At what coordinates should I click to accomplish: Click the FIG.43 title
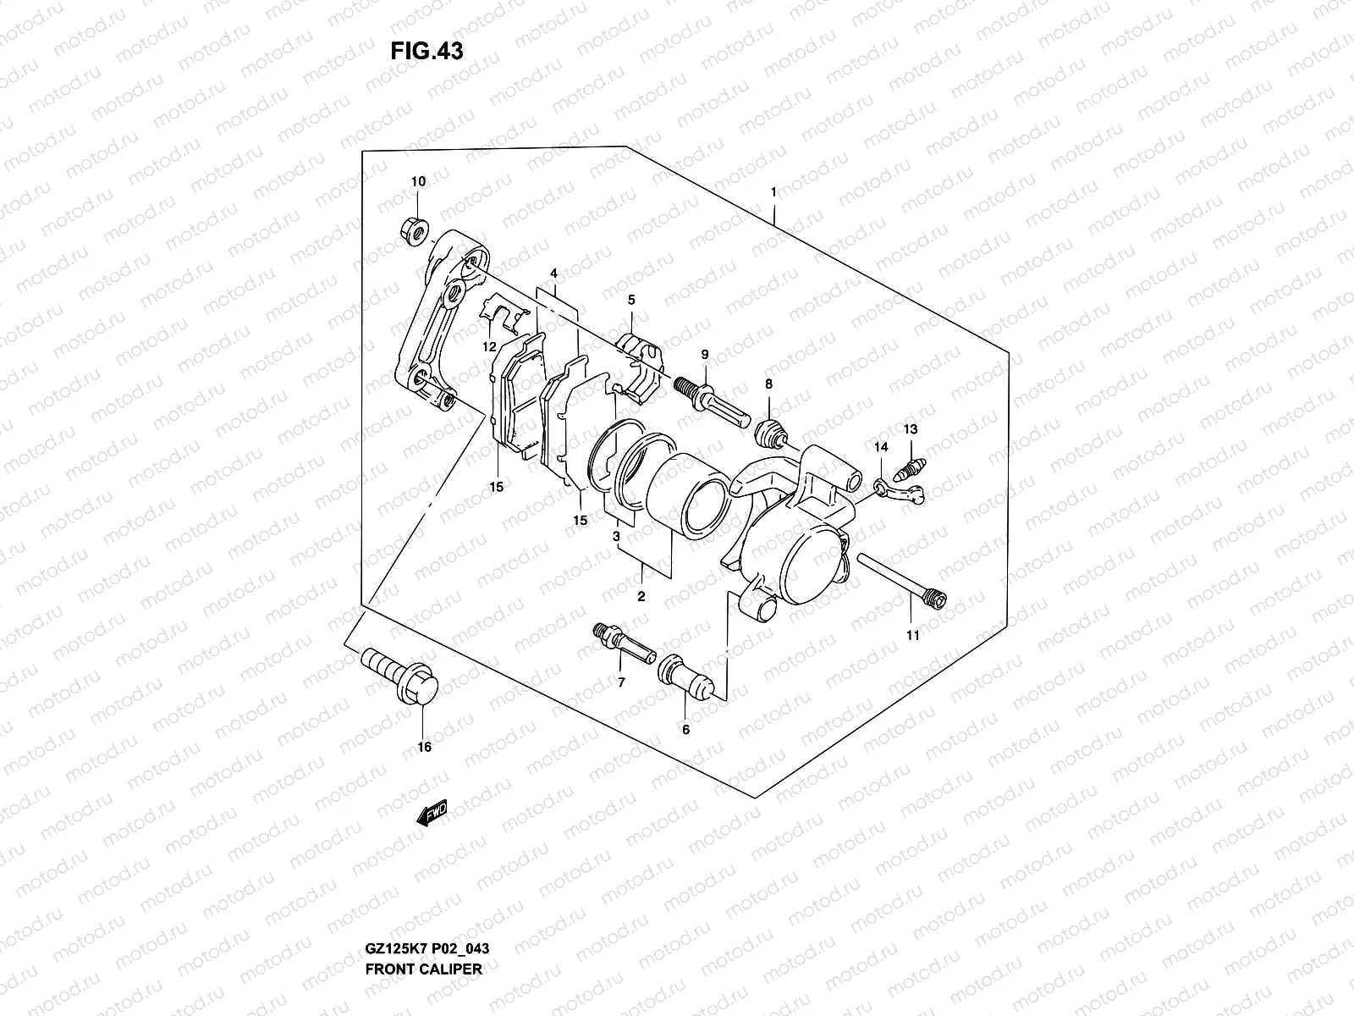click(x=427, y=52)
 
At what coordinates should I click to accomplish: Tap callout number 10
click(x=419, y=181)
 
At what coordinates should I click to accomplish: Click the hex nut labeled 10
click(x=415, y=229)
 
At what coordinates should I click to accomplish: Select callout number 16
click(x=424, y=747)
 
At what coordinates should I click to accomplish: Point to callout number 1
click(x=773, y=193)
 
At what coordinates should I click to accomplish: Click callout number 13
click(x=910, y=430)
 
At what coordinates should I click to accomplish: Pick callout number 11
click(x=912, y=635)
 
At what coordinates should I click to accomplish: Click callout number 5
click(x=631, y=300)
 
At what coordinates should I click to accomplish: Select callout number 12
click(x=489, y=347)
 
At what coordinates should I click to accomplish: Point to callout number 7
click(x=620, y=683)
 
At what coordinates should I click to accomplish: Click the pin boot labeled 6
click(x=685, y=676)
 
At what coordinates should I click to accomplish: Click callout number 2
click(x=641, y=596)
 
